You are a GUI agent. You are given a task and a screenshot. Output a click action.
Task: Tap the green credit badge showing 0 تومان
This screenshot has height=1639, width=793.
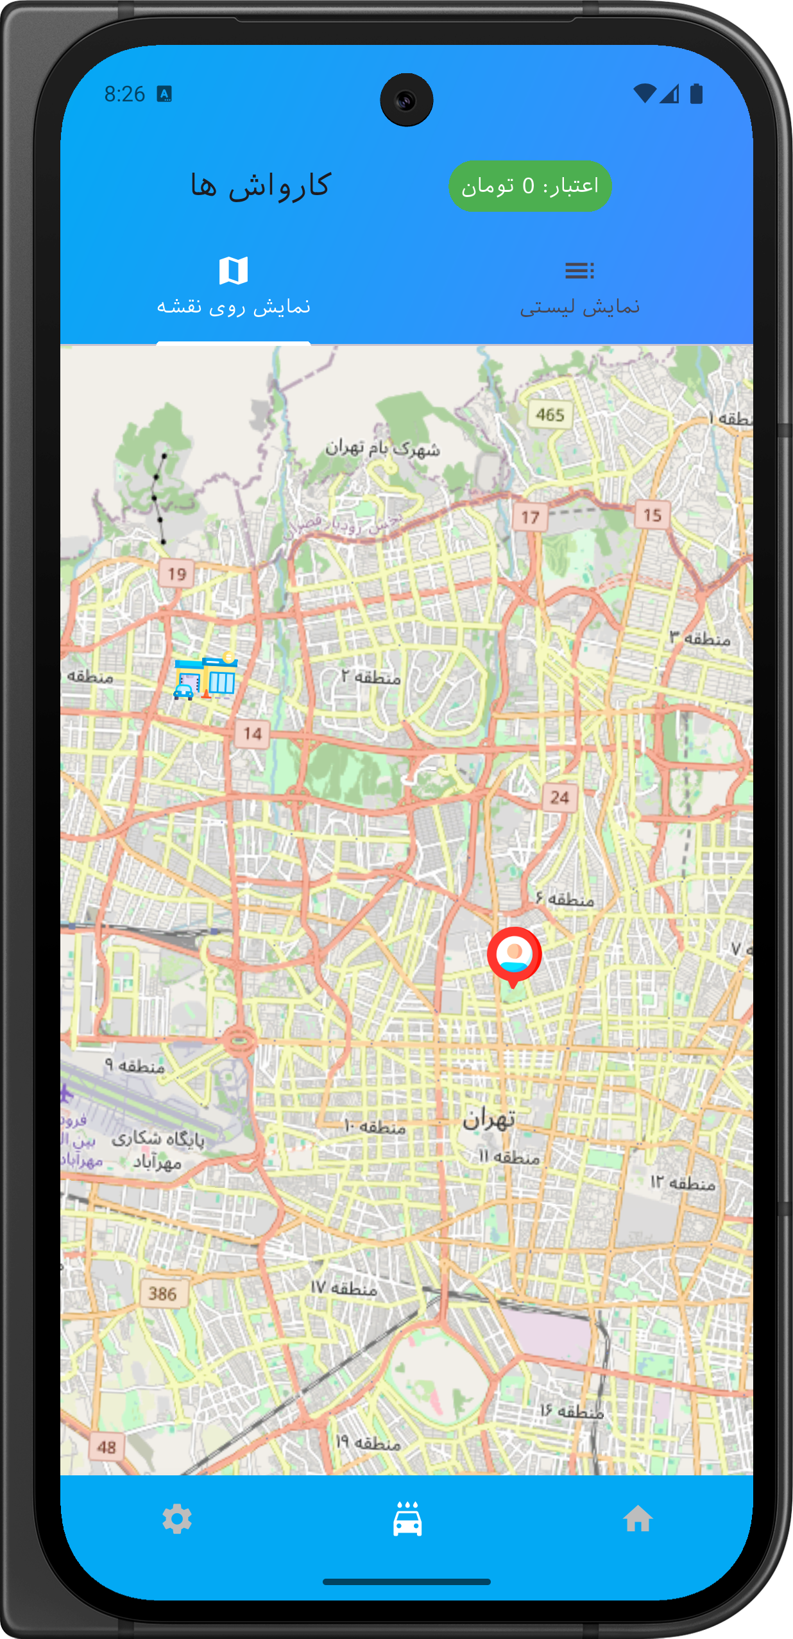click(x=529, y=186)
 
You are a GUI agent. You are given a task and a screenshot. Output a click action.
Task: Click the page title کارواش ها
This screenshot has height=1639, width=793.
click(x=260, y=186)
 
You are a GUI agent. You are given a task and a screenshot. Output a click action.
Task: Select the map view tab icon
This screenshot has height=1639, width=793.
click(x=234, y=271)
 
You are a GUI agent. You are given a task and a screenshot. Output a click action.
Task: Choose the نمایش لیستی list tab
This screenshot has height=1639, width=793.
click(x=579, y=289)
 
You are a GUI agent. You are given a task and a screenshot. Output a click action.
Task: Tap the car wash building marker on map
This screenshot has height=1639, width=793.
click(x=206, y=676)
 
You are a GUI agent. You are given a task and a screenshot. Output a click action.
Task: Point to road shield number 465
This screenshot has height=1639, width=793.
click(x=550, y=415)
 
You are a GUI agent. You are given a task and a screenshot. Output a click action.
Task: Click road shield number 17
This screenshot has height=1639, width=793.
click(x=530, y=517)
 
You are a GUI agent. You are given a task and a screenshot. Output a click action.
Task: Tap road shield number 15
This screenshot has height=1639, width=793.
click(x=652, y=515)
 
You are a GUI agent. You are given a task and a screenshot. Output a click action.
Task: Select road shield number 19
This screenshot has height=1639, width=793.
click(x=176, y=574)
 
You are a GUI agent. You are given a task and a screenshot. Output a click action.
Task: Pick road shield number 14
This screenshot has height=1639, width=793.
click(x=252, y=734)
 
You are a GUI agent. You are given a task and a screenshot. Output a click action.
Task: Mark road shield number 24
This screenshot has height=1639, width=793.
click(x=559, y=798)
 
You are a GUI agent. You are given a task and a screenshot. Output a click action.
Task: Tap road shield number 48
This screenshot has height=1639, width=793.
click(x=107, y=1447)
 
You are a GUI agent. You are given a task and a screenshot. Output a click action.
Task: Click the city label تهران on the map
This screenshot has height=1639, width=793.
click(x=489, y=1119)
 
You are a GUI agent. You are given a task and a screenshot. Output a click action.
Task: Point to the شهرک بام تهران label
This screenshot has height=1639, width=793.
click(x=382, y=448)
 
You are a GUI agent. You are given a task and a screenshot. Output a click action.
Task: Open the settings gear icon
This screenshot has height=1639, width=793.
click(x=177, y=1519)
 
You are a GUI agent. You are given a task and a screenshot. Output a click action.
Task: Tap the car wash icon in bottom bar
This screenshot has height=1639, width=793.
click(x=407, y=1519)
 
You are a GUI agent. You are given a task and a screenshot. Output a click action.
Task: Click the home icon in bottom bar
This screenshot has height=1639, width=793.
click(x=638, y=1519)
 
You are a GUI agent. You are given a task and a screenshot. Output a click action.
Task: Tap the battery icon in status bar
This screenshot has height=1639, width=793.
click(x=696, y=94)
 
